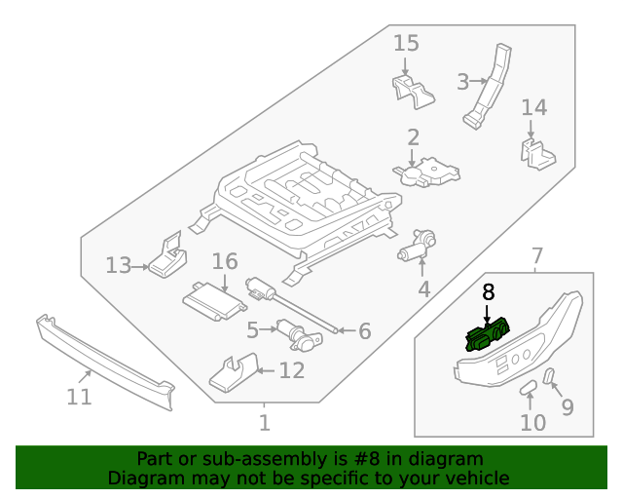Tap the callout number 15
tap(406, 43)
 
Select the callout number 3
tap(463, 82)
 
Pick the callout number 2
tap(413, 137)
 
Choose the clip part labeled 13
tap(169, 258)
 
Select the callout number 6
tap(364, 331)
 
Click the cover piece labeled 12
tap(235, 373)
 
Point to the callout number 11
tap(79, 397)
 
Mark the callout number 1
tap(264, 423)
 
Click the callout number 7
tap(536, 256)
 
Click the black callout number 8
tap(488, 291)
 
